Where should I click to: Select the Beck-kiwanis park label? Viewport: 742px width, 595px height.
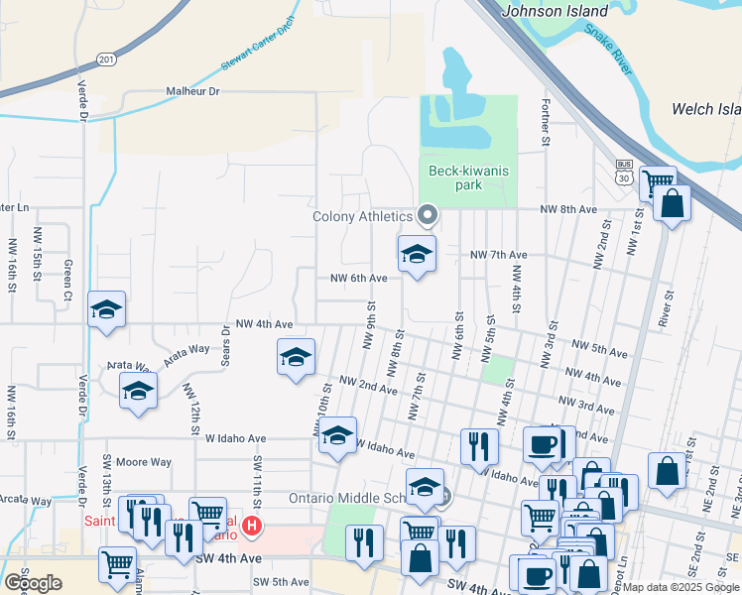coord(468,178)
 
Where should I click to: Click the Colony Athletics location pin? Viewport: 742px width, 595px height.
coord(429,214)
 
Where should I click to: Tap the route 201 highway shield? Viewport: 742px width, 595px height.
coord(107,59)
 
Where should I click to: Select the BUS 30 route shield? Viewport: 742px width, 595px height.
coord(623,173)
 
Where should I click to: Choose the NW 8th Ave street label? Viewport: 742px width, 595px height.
coord(568,210)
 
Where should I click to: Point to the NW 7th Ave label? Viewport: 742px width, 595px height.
coord(498,255)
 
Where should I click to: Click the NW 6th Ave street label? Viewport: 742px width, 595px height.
coord(358,279)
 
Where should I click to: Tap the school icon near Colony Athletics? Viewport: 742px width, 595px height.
coord(417,255)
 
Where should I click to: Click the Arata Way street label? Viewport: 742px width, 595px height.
coord(187,349)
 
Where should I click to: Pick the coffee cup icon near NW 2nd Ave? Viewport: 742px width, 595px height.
coord(543,444)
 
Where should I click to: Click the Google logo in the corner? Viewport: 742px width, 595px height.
coord(33,583)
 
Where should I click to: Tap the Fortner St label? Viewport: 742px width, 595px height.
coord(545,120)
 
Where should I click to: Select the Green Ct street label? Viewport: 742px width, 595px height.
coord(68,281)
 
